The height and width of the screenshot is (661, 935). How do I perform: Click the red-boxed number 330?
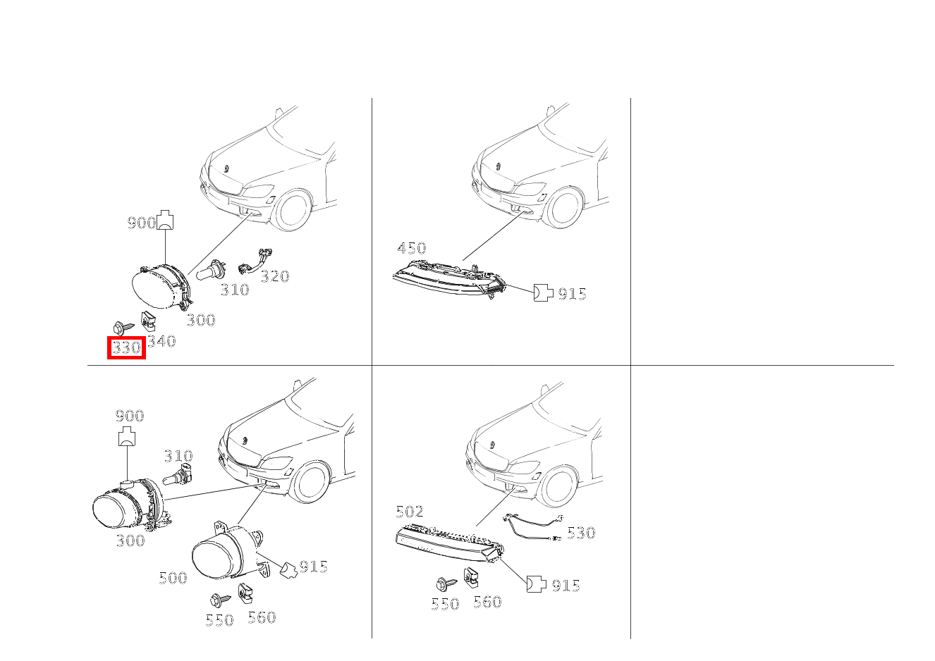tap(126, 347)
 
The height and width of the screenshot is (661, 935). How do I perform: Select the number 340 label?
tap(161, 341)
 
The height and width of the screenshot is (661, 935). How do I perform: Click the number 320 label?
tap(275, 276)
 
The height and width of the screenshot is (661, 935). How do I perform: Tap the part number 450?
tap(412, 248)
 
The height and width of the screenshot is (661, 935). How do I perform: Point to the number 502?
tap(410, 512)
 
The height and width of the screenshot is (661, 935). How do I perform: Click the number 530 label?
tap(581, 533)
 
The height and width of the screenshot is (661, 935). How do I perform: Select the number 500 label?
tap(173, 578)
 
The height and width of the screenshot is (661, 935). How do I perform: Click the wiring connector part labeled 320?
tap(255, 261)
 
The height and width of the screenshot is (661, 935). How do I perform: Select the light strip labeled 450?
tap(449, 278)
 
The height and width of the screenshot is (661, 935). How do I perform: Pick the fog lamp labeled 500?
tap(230, 550)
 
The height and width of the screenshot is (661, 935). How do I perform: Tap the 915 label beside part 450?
tap(572, 294)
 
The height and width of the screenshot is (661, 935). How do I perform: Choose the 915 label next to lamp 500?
tap(314, 567)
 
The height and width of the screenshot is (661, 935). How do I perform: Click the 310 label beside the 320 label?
tap(235, 290)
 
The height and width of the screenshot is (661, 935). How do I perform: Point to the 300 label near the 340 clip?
tap(201, 320)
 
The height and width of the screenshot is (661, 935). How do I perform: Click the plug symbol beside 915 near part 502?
tap(537, 584)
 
